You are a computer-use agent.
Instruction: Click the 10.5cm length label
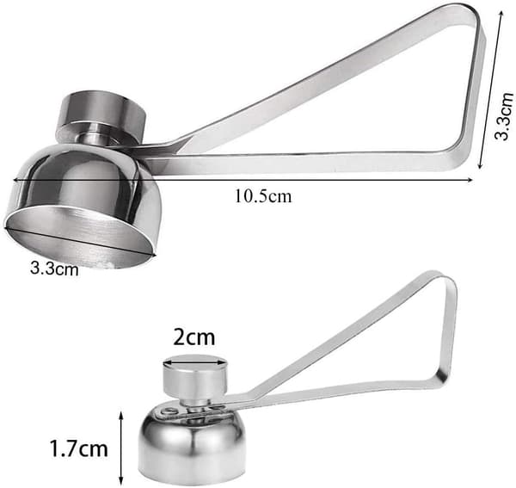[x=263, y=196]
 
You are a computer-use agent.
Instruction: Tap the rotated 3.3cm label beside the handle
[x=504, y=116]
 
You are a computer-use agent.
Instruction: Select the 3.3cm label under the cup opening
[x=54, y=269]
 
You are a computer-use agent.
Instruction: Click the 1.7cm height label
[x=79, y=448]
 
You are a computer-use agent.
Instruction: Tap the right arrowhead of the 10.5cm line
[x=470, y=180]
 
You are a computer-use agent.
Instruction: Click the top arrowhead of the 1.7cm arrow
[x=121, y=416]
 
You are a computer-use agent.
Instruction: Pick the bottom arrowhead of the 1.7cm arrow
[x=121, y=481]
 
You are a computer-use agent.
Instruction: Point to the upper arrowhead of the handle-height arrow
[x=501, y=15]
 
